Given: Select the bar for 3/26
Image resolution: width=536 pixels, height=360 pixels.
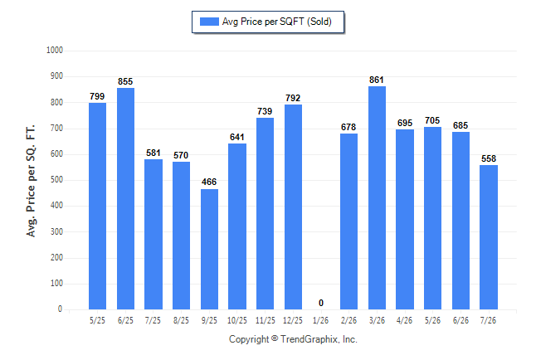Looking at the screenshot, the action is (x=377, y=198).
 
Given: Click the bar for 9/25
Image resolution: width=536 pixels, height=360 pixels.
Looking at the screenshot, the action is (x=209, y=249).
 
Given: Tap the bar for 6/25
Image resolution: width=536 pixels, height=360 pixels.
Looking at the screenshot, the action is (x=125, y=198).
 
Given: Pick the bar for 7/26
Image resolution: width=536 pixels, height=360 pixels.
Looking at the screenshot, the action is (x=489, y=237).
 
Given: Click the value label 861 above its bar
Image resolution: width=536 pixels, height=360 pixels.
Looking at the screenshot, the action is (x=377, y=80).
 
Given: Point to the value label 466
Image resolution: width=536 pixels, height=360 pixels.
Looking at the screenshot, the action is (x=209, y=182).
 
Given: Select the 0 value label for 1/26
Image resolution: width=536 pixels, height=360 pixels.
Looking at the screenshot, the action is (x=320, y=303).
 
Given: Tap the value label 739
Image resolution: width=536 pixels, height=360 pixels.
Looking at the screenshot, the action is (x=265, y=111).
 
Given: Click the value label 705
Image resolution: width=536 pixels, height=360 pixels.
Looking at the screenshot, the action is (x=432, y=120).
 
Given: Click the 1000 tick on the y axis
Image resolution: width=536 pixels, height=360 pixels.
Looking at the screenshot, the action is (x=55, y=51).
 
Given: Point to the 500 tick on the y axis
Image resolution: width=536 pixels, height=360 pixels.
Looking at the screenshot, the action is (x=56, y=180).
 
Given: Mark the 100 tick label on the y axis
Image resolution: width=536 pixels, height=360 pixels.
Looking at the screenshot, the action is (x=56, y=284).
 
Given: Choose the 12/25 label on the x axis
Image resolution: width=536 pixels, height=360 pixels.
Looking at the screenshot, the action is (x=293, y=320).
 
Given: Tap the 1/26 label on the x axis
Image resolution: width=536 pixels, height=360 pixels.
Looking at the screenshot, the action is (x=320, y=320).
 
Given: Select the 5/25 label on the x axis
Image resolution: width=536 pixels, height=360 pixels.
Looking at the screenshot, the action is (x=97, y=320).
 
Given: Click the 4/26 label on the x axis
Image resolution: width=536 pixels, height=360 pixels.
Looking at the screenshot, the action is (x=404, y=320).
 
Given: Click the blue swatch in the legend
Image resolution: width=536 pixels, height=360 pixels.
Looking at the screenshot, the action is (x=209, y=22).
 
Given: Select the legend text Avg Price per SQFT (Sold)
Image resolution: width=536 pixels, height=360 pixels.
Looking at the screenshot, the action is (x=277, y=22).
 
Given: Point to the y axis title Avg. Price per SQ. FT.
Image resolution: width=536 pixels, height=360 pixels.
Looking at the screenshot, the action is (x=31, y=181).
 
